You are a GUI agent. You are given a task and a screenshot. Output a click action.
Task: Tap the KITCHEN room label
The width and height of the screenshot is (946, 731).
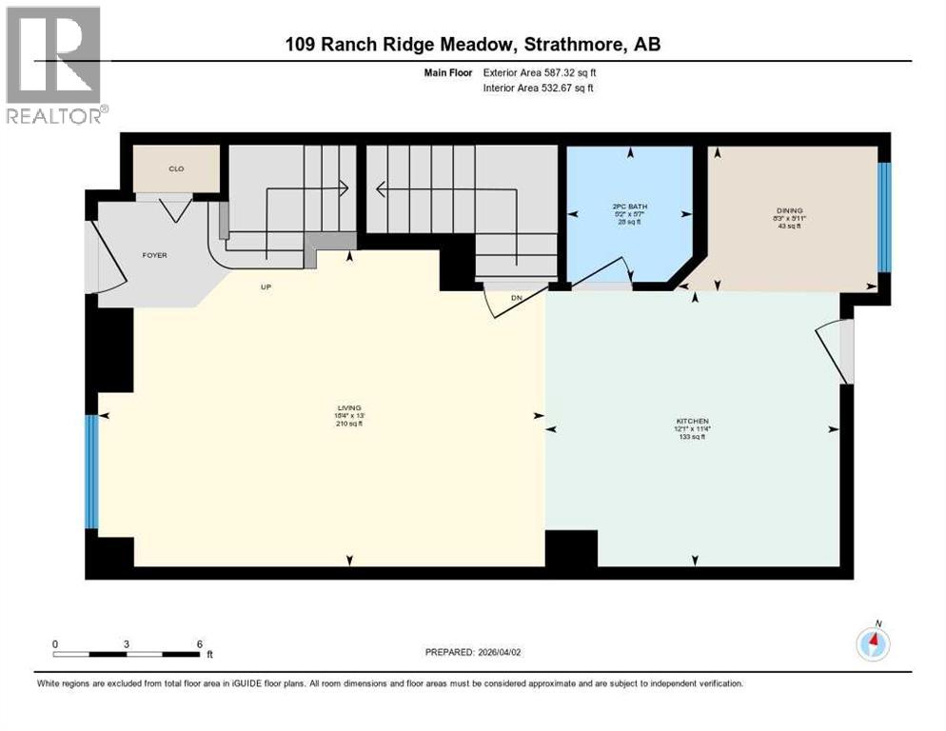[x=692, y=421]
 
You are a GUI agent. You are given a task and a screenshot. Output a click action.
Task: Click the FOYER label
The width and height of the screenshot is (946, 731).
[x=154, y=255]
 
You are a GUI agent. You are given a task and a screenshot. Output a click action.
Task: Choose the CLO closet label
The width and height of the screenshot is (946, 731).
[x=175, y=169]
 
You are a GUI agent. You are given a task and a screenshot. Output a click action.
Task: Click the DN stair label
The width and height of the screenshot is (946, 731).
[x=517, y=298]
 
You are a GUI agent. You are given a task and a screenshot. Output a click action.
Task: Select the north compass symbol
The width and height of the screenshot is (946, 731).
[x=873, y=643]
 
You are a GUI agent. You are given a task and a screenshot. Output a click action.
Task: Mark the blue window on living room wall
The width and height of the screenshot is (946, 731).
[x=91, y=471]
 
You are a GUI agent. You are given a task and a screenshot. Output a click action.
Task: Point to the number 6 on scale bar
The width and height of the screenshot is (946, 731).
[x=199, y=644]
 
